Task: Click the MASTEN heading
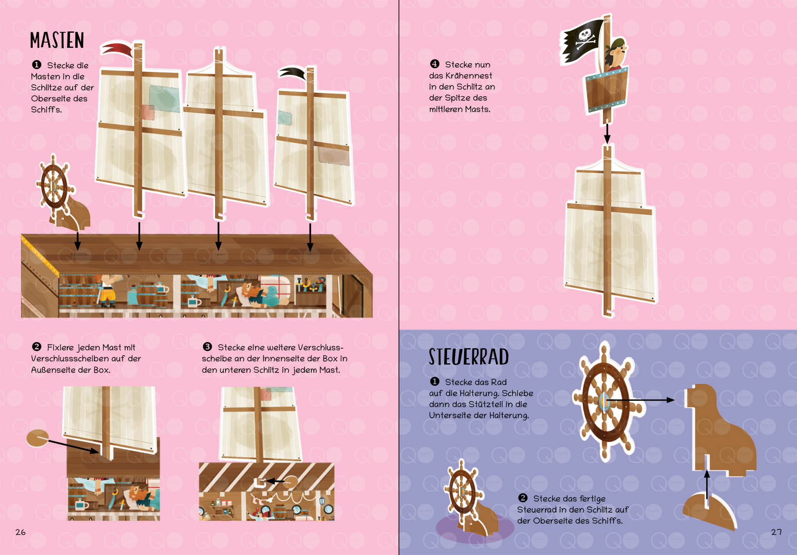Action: coord(57,40)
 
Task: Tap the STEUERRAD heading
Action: coord(469,357)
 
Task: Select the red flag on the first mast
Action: coord(117,49)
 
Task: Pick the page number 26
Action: coord(20,532)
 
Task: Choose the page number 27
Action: coord(776,532)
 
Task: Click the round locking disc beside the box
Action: coord(37,438)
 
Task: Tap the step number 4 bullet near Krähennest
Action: coord(434,64)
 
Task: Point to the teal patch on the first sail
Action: coord(164,98)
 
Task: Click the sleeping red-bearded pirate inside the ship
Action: coord(259,295)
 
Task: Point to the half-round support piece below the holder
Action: coord(709,510)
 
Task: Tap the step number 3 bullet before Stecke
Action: coord(207,347)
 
